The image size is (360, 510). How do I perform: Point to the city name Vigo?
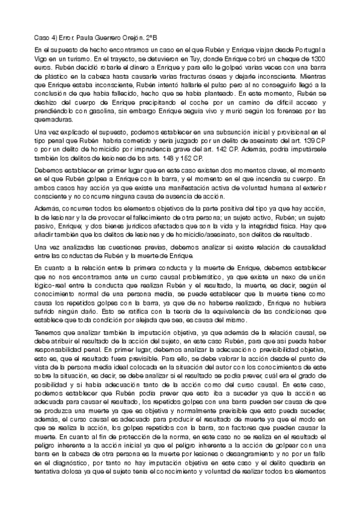(x=41, y=60)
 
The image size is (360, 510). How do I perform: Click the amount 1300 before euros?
(x=314, y=60)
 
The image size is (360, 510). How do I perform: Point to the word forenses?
(x=287, y=111)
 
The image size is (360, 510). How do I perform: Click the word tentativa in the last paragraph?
(x=50, y=487)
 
